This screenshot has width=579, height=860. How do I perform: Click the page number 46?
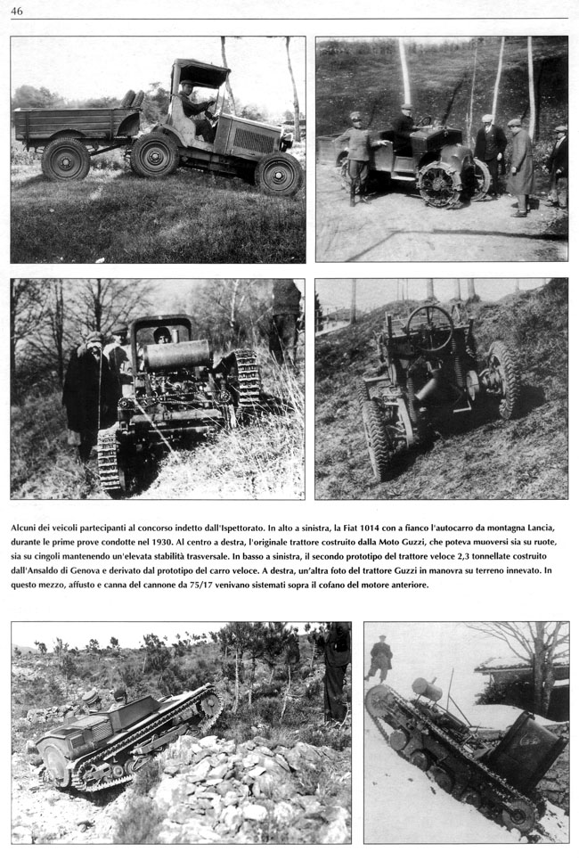click(x=17, y=10)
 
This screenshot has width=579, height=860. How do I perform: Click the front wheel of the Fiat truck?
click(x=278, y=173)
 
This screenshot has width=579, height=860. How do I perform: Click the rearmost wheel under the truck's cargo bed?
click(x=65, y=159)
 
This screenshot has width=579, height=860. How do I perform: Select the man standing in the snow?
click(x=380, y=658)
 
